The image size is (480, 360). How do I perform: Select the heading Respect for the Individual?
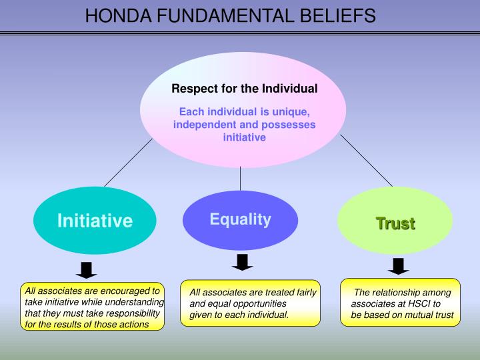(x=244, y=88)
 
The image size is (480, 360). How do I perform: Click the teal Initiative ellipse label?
(x=95, y=221)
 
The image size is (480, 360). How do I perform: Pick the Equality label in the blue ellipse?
(x=240, y=219)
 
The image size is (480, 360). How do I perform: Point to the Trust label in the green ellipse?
(x=395, y=223)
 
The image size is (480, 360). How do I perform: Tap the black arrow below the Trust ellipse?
(x=398, y=266)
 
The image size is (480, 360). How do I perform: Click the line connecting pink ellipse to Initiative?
(x=128, y=162)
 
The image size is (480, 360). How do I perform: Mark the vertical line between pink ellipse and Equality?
(x=240, y=178)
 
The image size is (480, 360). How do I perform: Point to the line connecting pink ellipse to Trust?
(x=367, y=160)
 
